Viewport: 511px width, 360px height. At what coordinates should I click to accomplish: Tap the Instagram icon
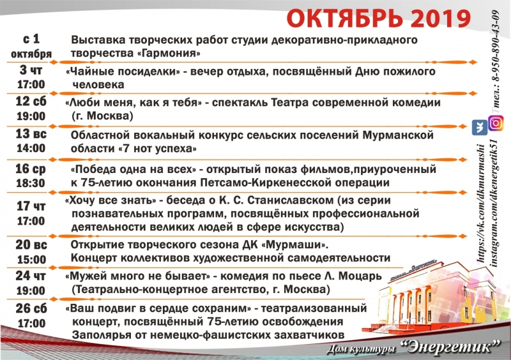point(496,123)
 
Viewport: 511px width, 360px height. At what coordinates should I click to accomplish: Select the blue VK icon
point(480,128)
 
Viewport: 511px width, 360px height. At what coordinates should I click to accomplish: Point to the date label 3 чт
point(31,70)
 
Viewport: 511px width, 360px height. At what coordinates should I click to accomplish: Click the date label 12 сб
point(31,101)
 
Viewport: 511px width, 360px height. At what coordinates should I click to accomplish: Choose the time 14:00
point(31,148)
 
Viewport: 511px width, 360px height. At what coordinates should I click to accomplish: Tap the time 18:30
point(31,183)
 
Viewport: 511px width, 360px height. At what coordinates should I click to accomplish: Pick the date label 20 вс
point(31,244)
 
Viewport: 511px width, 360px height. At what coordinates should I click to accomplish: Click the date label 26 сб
point(31,308)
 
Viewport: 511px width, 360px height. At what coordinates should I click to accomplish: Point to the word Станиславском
point(291,200)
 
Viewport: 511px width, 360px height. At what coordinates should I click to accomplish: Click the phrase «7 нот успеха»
point(157,149)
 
